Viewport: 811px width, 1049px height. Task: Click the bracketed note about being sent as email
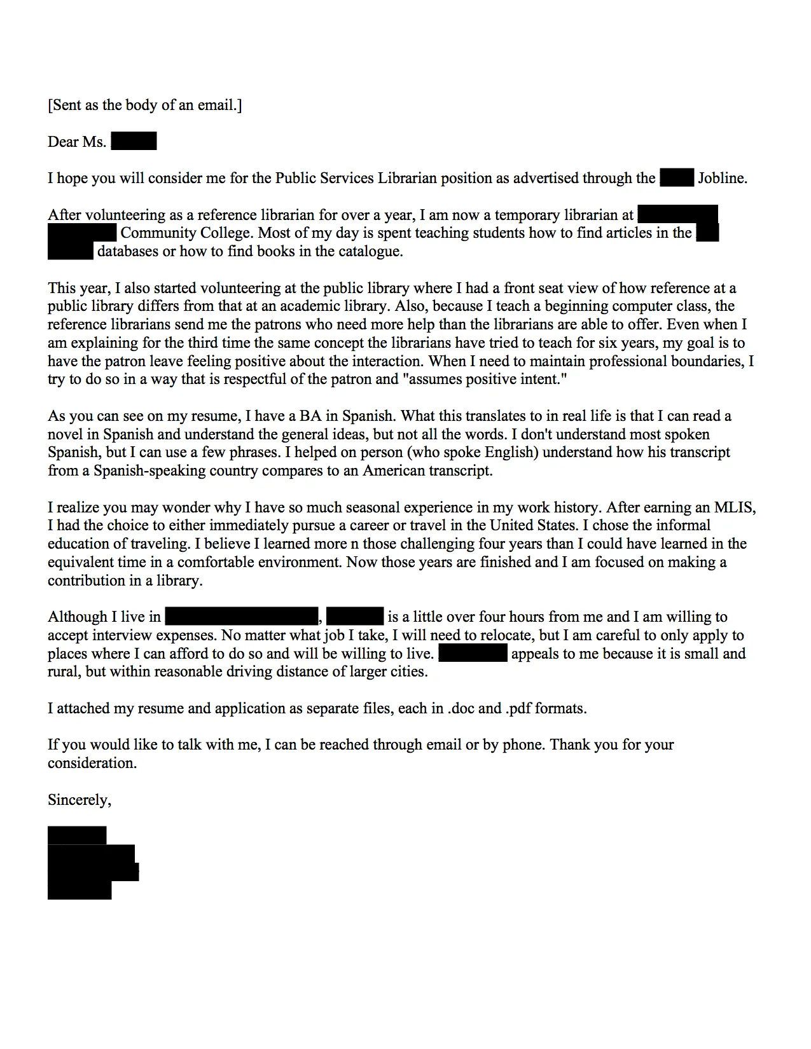(144, 105)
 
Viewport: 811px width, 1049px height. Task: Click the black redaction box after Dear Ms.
(134, 141)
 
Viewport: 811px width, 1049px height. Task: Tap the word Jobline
(722, 178)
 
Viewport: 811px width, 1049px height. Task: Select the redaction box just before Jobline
(676, 178)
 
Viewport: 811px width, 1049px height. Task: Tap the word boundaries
(705, 362)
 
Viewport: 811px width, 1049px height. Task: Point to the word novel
(66, 435)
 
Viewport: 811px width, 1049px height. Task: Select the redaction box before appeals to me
(473, 654)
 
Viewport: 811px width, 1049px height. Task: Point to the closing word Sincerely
(79, 800)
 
